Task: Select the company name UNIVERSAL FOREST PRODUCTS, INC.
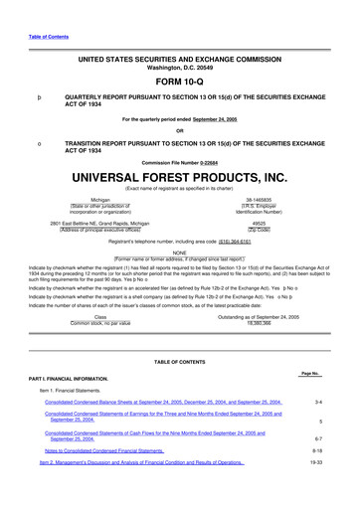[179, 178]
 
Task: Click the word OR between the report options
[179, 131]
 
